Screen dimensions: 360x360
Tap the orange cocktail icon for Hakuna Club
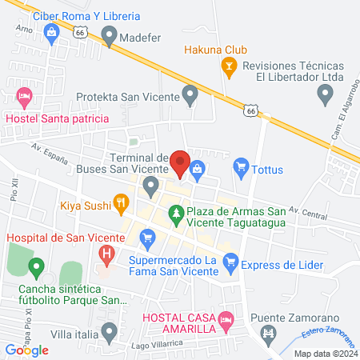pos(228,67)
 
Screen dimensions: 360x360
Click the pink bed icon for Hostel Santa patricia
pos(24,98)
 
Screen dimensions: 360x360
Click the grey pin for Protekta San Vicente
pos(190,97)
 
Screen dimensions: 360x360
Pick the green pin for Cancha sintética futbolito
pos(35,266)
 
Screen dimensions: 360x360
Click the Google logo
pos(27,350)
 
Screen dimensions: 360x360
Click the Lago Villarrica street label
pos(156,343)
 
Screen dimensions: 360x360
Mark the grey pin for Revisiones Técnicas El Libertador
pos(326,96)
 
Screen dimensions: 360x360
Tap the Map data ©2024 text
pos(324,354)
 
